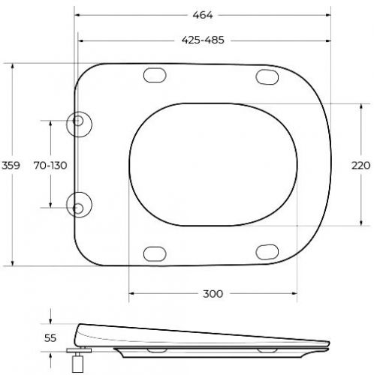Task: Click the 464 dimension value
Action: [203, 15]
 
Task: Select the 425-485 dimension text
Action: [203, 40]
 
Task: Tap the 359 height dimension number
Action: [11, 166]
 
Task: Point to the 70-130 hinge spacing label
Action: [50, 166]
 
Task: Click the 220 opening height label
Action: [360, 166]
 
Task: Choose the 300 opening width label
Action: [213, 294]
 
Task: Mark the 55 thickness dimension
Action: [50, 338]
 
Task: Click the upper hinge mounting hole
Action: [78, 121]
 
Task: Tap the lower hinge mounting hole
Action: [78, 208]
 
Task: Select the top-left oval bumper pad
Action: [155, 75]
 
